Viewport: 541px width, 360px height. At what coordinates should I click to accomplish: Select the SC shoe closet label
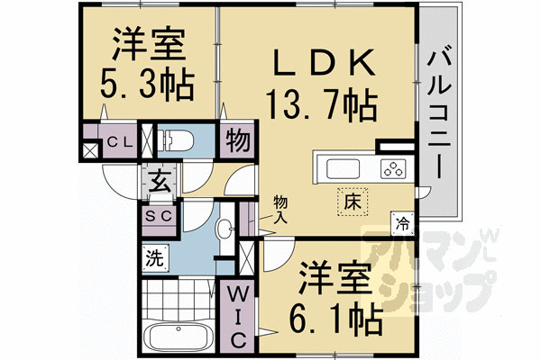159,217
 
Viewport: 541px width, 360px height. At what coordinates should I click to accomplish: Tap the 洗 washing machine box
155,258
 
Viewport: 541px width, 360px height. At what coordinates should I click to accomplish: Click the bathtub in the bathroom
177,341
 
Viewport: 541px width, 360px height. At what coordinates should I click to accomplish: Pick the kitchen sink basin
343,168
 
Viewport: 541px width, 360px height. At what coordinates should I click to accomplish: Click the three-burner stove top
394,167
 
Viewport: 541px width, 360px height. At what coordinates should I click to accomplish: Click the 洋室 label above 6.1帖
335,276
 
